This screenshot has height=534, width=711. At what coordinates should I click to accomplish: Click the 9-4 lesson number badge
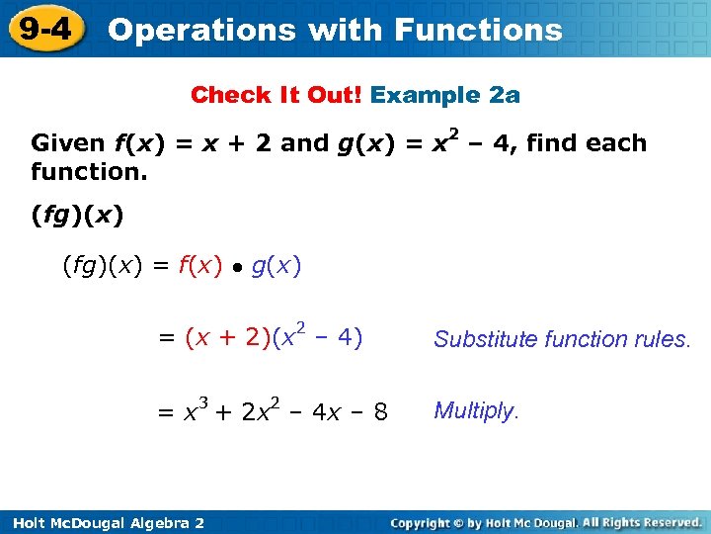click(45, 29)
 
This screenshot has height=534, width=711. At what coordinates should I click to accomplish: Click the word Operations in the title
click(202, 30)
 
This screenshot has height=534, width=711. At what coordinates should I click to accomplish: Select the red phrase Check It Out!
click(276, 95)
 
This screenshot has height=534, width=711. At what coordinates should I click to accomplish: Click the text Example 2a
click(445, 95)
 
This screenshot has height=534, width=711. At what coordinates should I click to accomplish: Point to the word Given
click(68, 143)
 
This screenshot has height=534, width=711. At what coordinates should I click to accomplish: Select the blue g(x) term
click(276, 265)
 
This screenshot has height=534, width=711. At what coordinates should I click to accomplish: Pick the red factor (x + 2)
click(228, 338)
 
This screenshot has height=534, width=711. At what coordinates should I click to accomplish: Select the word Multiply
click(476, 411)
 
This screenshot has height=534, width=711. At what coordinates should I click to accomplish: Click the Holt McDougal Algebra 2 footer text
click(103, 522)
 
